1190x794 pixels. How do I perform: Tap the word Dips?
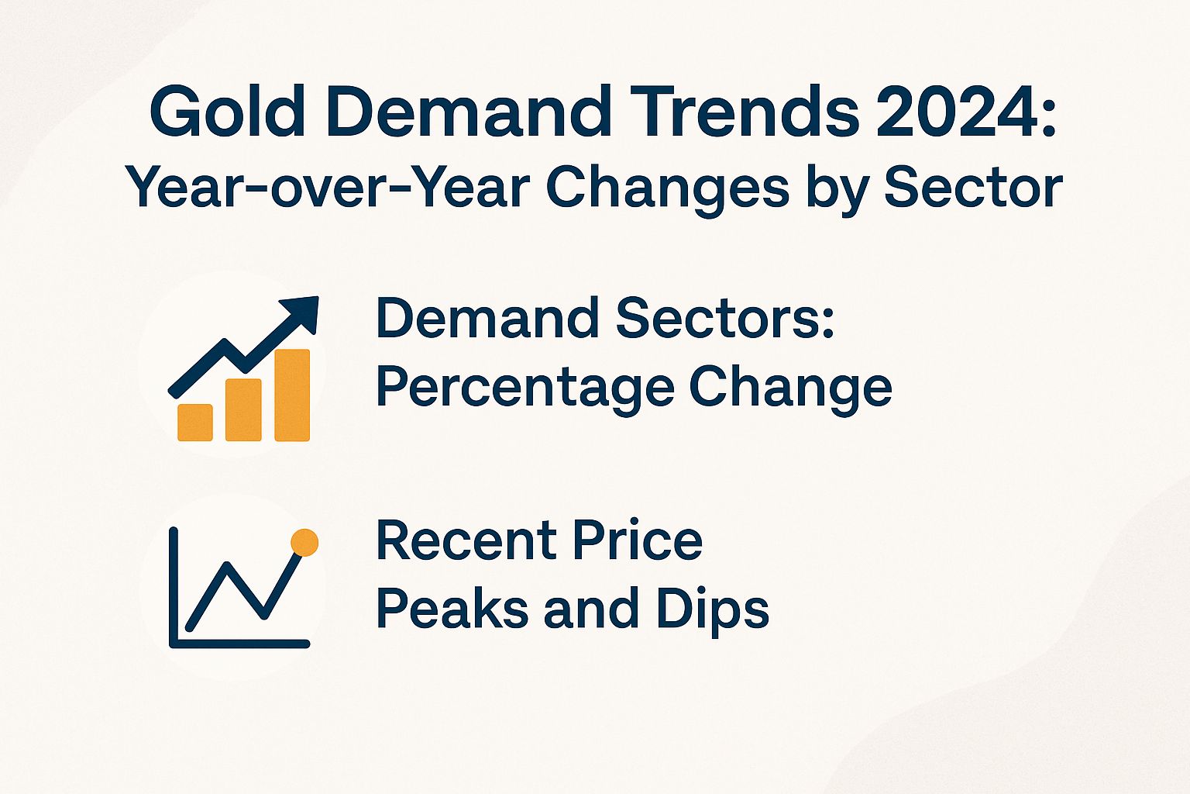(x=713, y=610)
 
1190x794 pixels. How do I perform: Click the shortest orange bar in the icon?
(x=195, y=423)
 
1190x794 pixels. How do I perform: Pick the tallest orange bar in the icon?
(x=292, y=395)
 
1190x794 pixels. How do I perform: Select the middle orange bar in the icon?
(x=243, y=410)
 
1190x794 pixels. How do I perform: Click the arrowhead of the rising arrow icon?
(x=304, y=311)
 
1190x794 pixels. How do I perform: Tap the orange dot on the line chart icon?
(x=304, y=543)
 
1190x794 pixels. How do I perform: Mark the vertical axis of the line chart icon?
(x=174, y=585)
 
